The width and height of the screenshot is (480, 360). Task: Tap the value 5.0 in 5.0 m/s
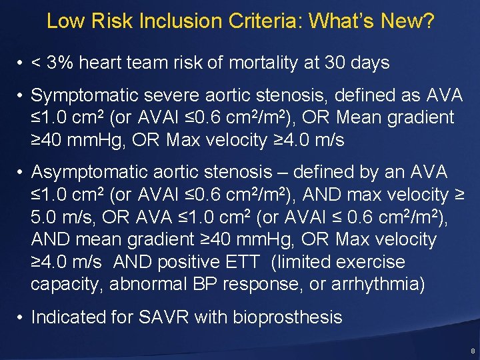47,217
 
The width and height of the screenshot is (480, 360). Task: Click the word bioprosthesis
287,317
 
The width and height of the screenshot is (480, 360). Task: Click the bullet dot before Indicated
21,317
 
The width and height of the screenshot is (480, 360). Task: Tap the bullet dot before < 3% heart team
21,63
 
